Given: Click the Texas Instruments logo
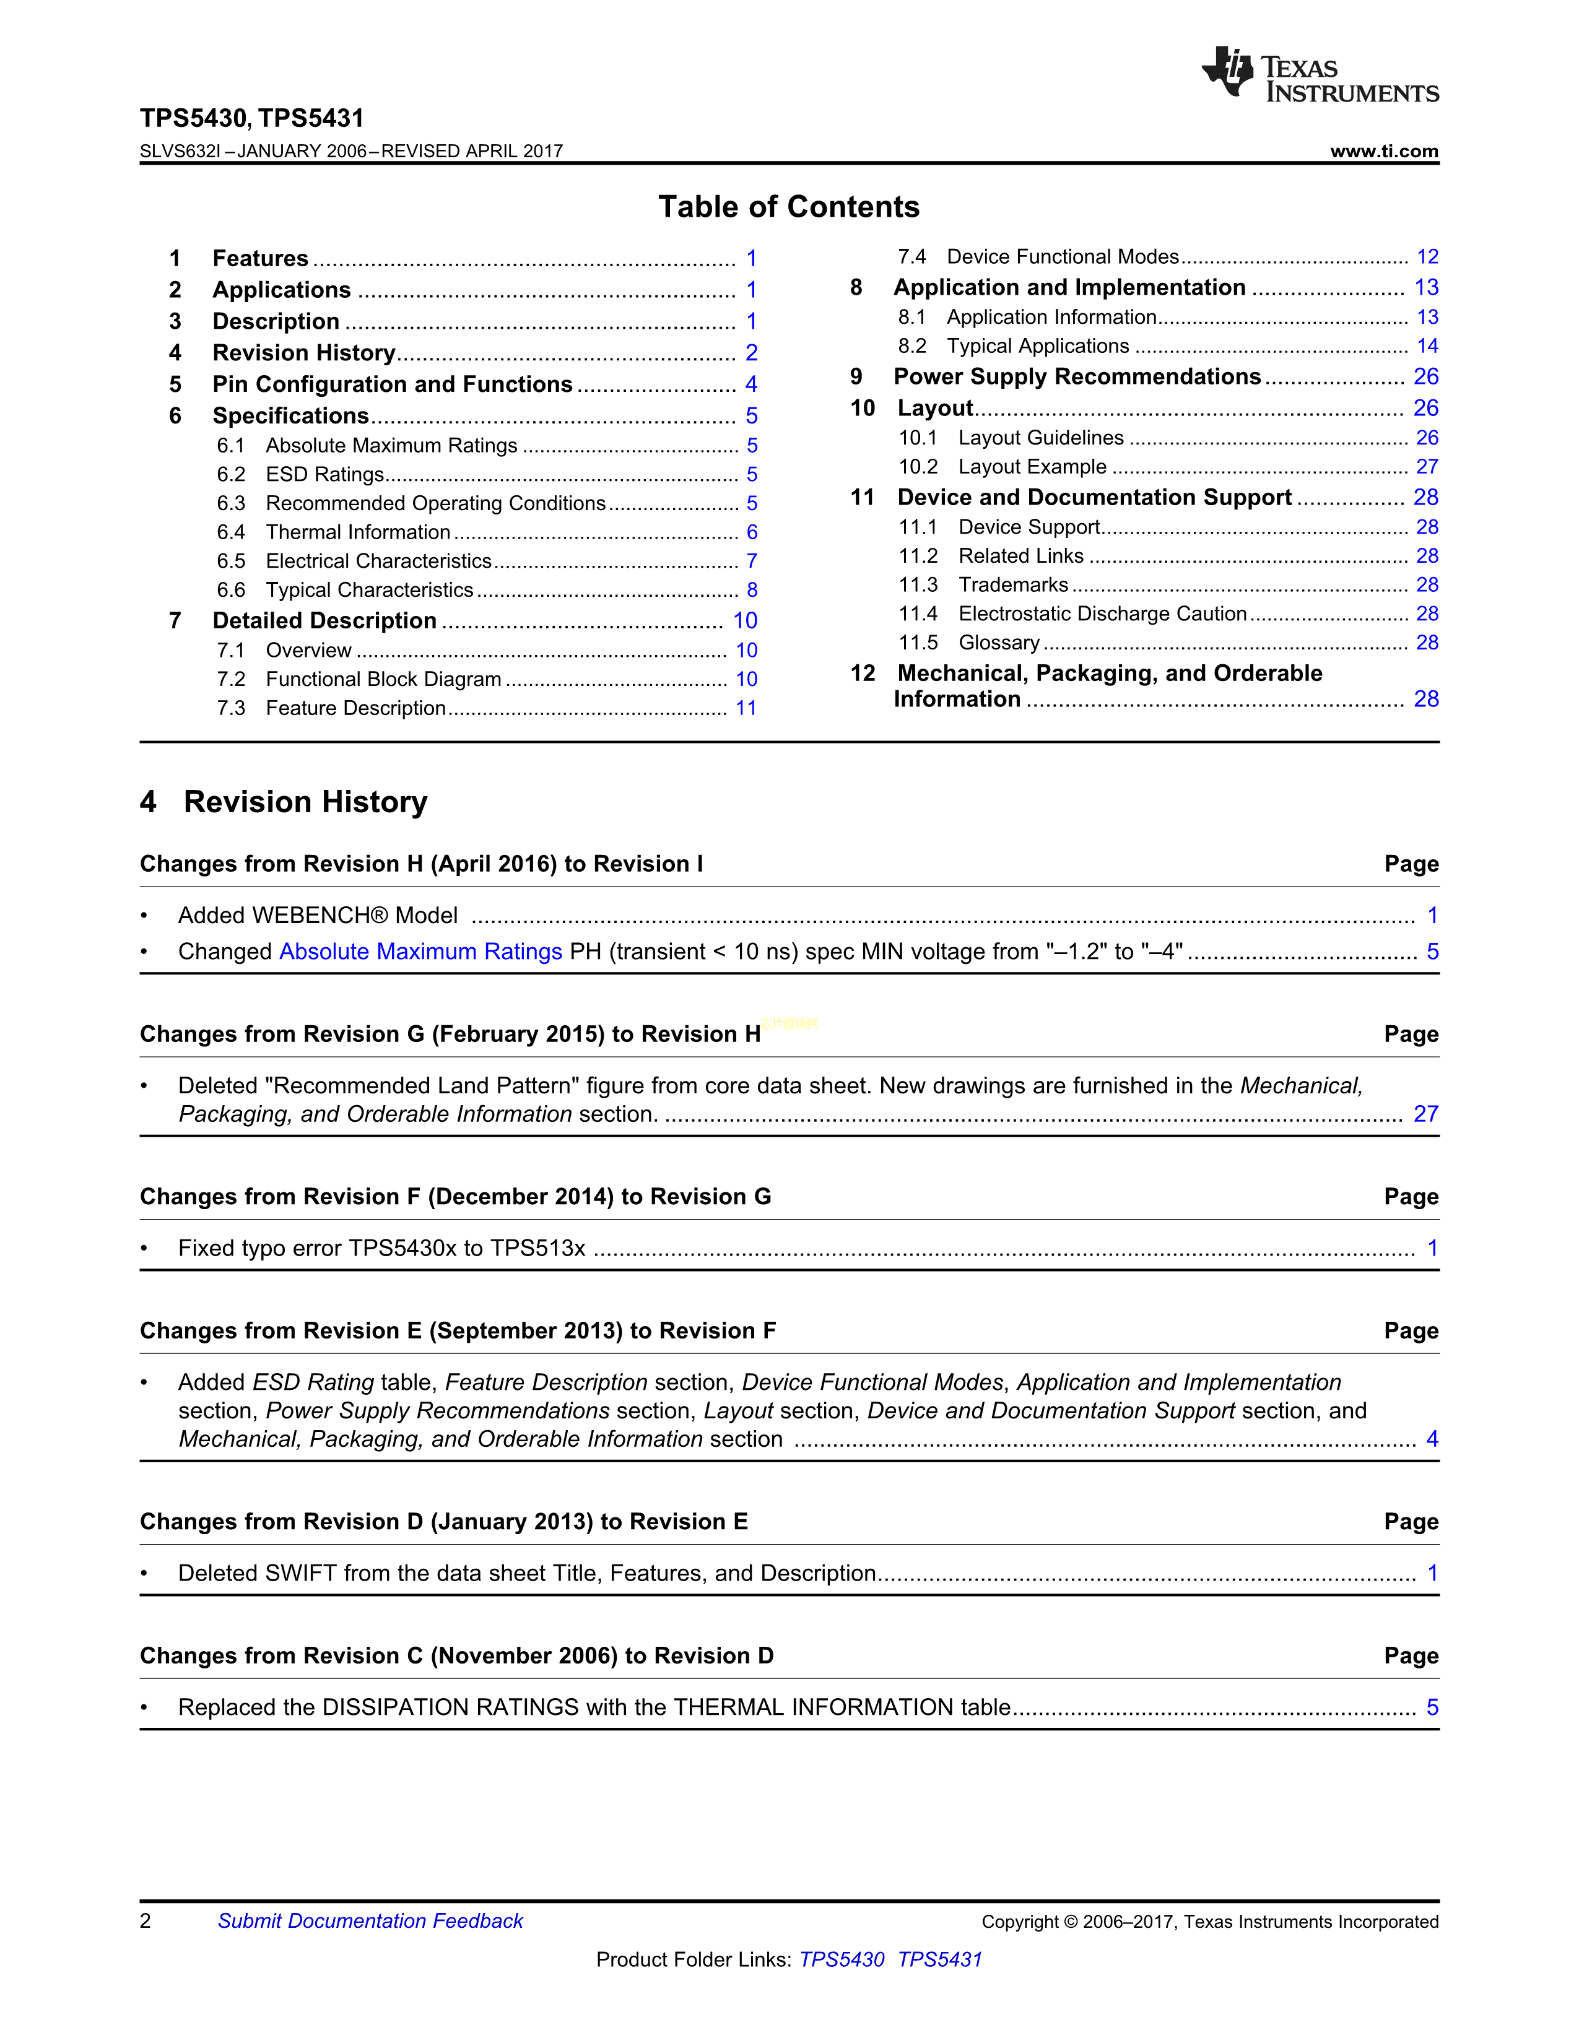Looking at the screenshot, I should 1319,74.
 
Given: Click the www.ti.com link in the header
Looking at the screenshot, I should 1383,152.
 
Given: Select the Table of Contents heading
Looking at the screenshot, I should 788,207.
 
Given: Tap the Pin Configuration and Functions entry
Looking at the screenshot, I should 392,384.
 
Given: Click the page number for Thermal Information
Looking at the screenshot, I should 751,532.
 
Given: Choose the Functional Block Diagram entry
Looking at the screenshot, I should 383,679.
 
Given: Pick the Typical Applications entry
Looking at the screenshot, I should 1037,346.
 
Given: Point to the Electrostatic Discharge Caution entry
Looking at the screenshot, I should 1102,614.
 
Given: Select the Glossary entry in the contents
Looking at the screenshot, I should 999,643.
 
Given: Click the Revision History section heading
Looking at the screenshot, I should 305,802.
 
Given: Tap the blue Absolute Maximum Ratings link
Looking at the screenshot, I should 420,952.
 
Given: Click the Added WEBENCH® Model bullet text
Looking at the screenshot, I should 318,916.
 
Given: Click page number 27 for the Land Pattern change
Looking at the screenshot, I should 1425,1114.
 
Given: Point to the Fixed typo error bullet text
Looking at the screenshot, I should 381,1248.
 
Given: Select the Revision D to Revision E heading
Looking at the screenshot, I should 443,1522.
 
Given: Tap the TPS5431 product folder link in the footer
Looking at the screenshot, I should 939,1960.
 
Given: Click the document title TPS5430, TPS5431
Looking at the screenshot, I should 251,118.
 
